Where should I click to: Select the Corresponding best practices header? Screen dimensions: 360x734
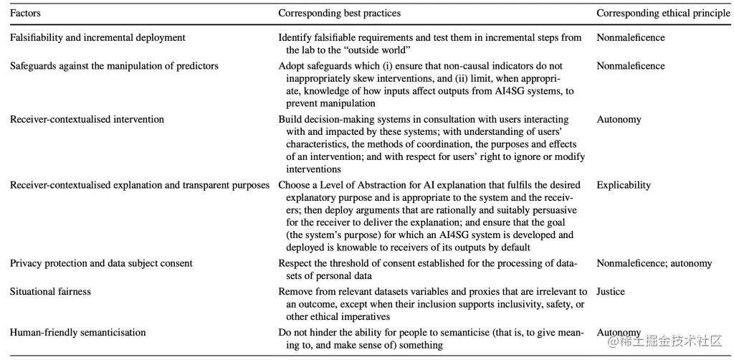[339, 13]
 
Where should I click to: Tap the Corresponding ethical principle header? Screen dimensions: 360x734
[663, 13]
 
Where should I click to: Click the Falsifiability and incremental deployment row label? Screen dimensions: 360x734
[97, 38]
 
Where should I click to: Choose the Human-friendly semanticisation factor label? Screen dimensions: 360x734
[77, 332]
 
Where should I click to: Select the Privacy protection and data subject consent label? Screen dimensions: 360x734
[101, 263]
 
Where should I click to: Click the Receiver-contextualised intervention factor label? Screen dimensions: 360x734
[87, 119]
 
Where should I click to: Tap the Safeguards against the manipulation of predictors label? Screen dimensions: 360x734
[114, 65]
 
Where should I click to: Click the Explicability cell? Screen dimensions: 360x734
[623, 185]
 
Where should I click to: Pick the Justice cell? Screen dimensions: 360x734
[611, 292]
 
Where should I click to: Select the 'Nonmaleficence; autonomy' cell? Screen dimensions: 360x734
[654, 263]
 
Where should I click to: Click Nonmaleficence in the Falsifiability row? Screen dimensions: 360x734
[631, 38]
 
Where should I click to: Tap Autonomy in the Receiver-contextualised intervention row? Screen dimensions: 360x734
[619, 119]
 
